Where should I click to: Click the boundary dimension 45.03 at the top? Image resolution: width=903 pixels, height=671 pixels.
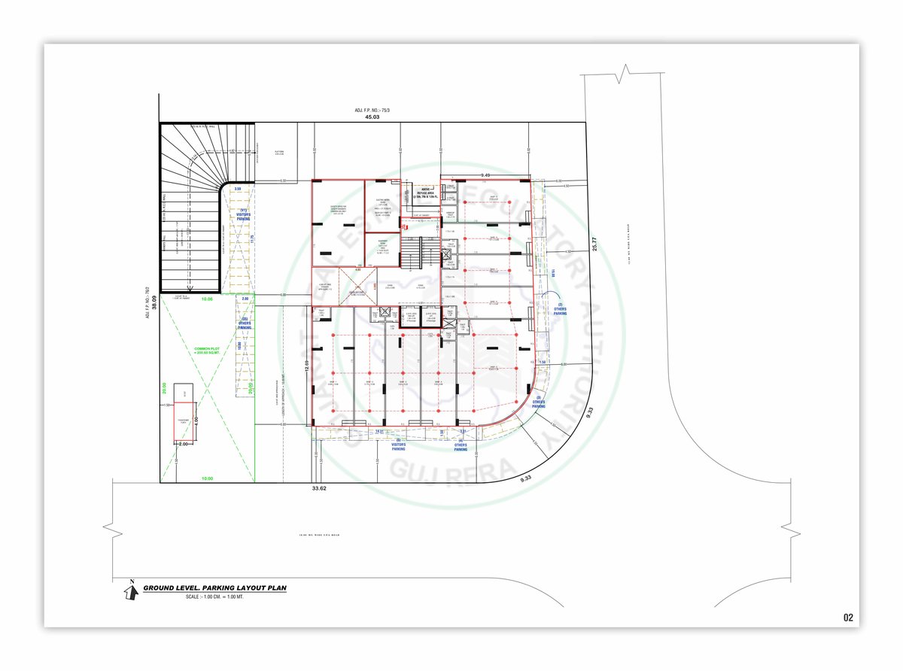pos(372,117)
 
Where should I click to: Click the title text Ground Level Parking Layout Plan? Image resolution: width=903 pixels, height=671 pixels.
pos(214,588)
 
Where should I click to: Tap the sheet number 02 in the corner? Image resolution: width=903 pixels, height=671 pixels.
pos(848,618)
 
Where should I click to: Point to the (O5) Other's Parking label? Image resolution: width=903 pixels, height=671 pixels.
pos(245,325)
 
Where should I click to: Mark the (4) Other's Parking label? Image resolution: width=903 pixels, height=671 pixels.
pos(461,445)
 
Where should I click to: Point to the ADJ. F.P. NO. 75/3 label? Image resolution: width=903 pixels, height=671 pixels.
pos(370,111)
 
